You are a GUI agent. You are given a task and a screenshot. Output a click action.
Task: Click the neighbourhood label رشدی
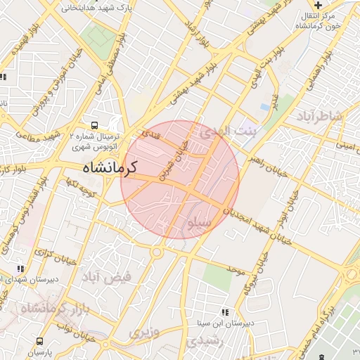(205, 340)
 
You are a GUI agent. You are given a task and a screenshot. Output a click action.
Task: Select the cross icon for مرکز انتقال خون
(318, 5)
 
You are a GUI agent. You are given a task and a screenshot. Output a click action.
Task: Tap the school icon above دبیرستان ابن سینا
(225, 312)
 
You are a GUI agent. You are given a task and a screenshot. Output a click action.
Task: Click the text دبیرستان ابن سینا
(229, 323)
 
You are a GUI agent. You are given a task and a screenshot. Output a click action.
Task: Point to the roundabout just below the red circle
(156, 251)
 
